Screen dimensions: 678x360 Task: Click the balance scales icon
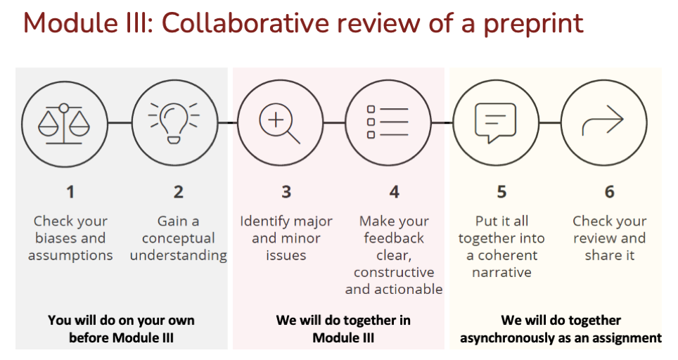(x=64, y=123)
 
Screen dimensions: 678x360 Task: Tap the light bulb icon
(x=174, y=123)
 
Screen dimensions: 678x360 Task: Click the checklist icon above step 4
(x=388, y=122)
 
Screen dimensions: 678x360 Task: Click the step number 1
(x=70, y=192)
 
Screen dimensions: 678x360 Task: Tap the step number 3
(x=286, y=192)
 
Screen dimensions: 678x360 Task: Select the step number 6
(x=609, y=192)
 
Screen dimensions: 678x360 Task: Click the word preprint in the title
(x=534, y=23)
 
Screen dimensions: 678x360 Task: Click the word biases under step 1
(x=51, y=238)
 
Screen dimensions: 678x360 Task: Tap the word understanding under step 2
(x=178, y=255)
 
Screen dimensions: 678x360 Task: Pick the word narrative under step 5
(x=501, y=272)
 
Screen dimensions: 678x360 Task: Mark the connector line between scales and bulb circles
(x=120, y=123)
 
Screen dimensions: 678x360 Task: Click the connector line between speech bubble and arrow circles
(x=550, y=123)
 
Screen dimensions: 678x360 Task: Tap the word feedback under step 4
(x=394, y=238)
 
